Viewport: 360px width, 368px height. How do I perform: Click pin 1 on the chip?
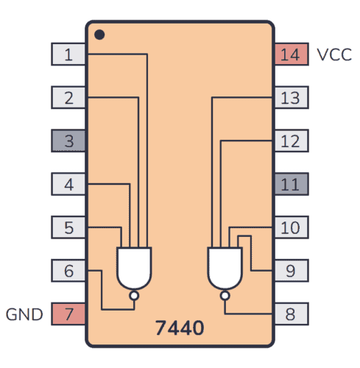68,54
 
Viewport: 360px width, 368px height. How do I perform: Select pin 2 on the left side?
68,97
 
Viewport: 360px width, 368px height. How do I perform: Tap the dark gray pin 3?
68,141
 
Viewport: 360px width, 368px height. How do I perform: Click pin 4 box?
68,184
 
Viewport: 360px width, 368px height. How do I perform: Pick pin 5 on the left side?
68,227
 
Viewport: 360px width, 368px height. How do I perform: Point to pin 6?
68,271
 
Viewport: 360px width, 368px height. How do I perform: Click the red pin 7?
68,314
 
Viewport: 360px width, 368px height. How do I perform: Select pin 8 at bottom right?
291,314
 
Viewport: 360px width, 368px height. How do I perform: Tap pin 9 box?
291,271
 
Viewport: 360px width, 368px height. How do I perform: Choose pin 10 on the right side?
291,227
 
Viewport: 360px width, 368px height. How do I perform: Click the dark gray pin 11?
291,184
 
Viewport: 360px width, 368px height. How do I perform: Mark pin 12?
291,141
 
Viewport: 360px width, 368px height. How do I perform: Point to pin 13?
291,97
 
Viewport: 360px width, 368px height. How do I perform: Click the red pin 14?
291,54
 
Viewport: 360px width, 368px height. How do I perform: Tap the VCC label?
334,54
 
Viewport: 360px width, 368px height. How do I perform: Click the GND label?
24,314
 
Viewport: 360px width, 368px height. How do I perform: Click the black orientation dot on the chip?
99,35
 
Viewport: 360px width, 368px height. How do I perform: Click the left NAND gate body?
133,267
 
